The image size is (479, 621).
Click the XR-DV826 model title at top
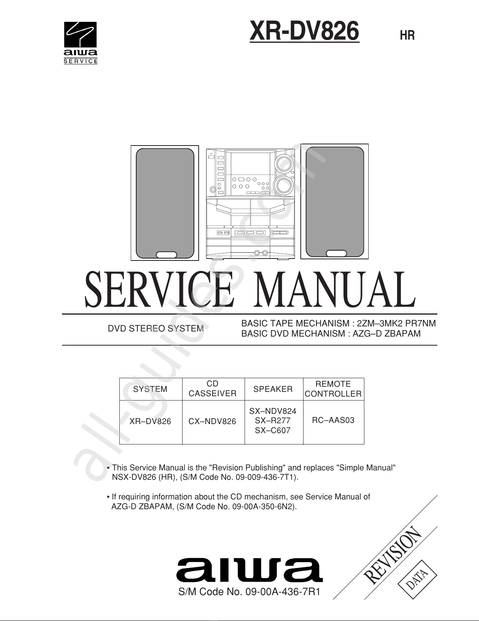point(304,31)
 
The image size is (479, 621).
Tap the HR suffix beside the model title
point(407,35)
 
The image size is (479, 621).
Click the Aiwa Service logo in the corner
point(80,43)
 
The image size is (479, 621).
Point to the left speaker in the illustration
point(165,203)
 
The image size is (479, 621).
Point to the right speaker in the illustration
point(335,202)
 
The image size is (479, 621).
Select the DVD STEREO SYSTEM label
point(155,329)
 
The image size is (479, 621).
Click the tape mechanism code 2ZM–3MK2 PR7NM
point(397,324)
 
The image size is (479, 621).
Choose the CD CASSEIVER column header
point(212,389)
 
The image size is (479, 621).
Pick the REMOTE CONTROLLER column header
point(333,389)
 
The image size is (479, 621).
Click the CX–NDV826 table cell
point(212,422)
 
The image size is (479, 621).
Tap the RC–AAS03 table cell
point(333,421)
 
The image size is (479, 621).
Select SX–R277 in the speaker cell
point(272,421)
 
